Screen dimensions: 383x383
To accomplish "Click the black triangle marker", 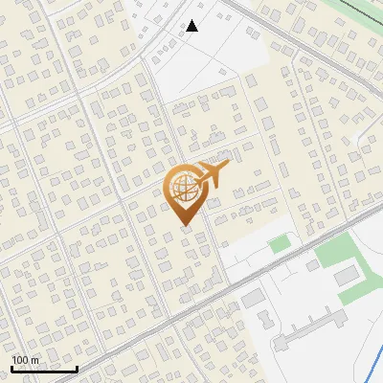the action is [x=192, y=26].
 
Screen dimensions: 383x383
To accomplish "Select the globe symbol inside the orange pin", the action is [x=182, y=189].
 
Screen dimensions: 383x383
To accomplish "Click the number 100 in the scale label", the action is [x=21, y=360].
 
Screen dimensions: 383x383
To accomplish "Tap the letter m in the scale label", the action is [x=35, y=360].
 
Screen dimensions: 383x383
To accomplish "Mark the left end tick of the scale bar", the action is [x=11, y=368].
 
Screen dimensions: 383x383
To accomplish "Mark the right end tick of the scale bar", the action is [x=77, y=368].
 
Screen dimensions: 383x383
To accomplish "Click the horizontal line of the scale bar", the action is [x=44, y=370].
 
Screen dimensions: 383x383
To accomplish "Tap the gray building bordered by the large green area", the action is [x=346, y=276].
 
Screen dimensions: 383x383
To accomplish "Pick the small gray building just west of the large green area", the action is [x=314, y=259].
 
